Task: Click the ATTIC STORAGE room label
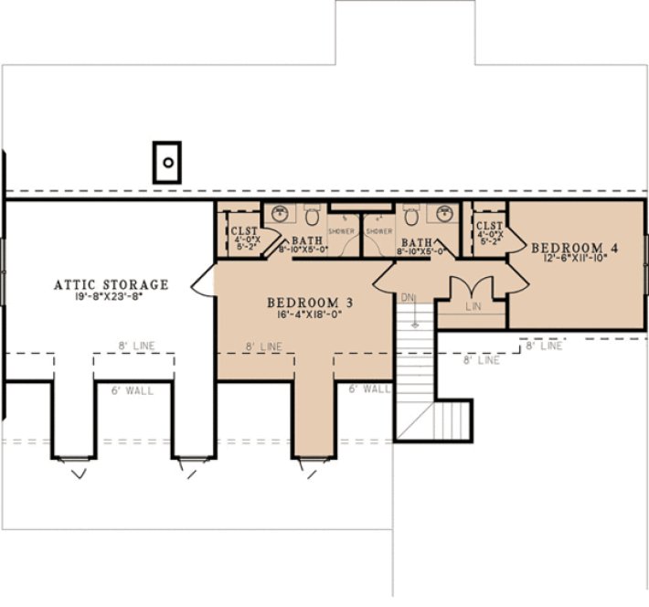tap(111, 285)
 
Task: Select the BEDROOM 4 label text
tap(569, 248)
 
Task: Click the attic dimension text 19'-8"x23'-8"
tap(111, 297)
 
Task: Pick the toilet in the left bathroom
tap(311, 218)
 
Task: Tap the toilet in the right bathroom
tap(410, 218)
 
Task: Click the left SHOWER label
tap(341, 231)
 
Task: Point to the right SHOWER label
tap(379, 231)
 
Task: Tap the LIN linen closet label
tap(473, 307)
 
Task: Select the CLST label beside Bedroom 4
tap(489, 226)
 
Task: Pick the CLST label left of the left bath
tap(244, 231)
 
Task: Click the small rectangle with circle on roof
tap(167, 163)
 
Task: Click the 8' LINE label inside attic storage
tap(134, 346)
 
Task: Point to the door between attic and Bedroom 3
tap(203, 281)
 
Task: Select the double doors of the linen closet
tap(472, 286)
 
